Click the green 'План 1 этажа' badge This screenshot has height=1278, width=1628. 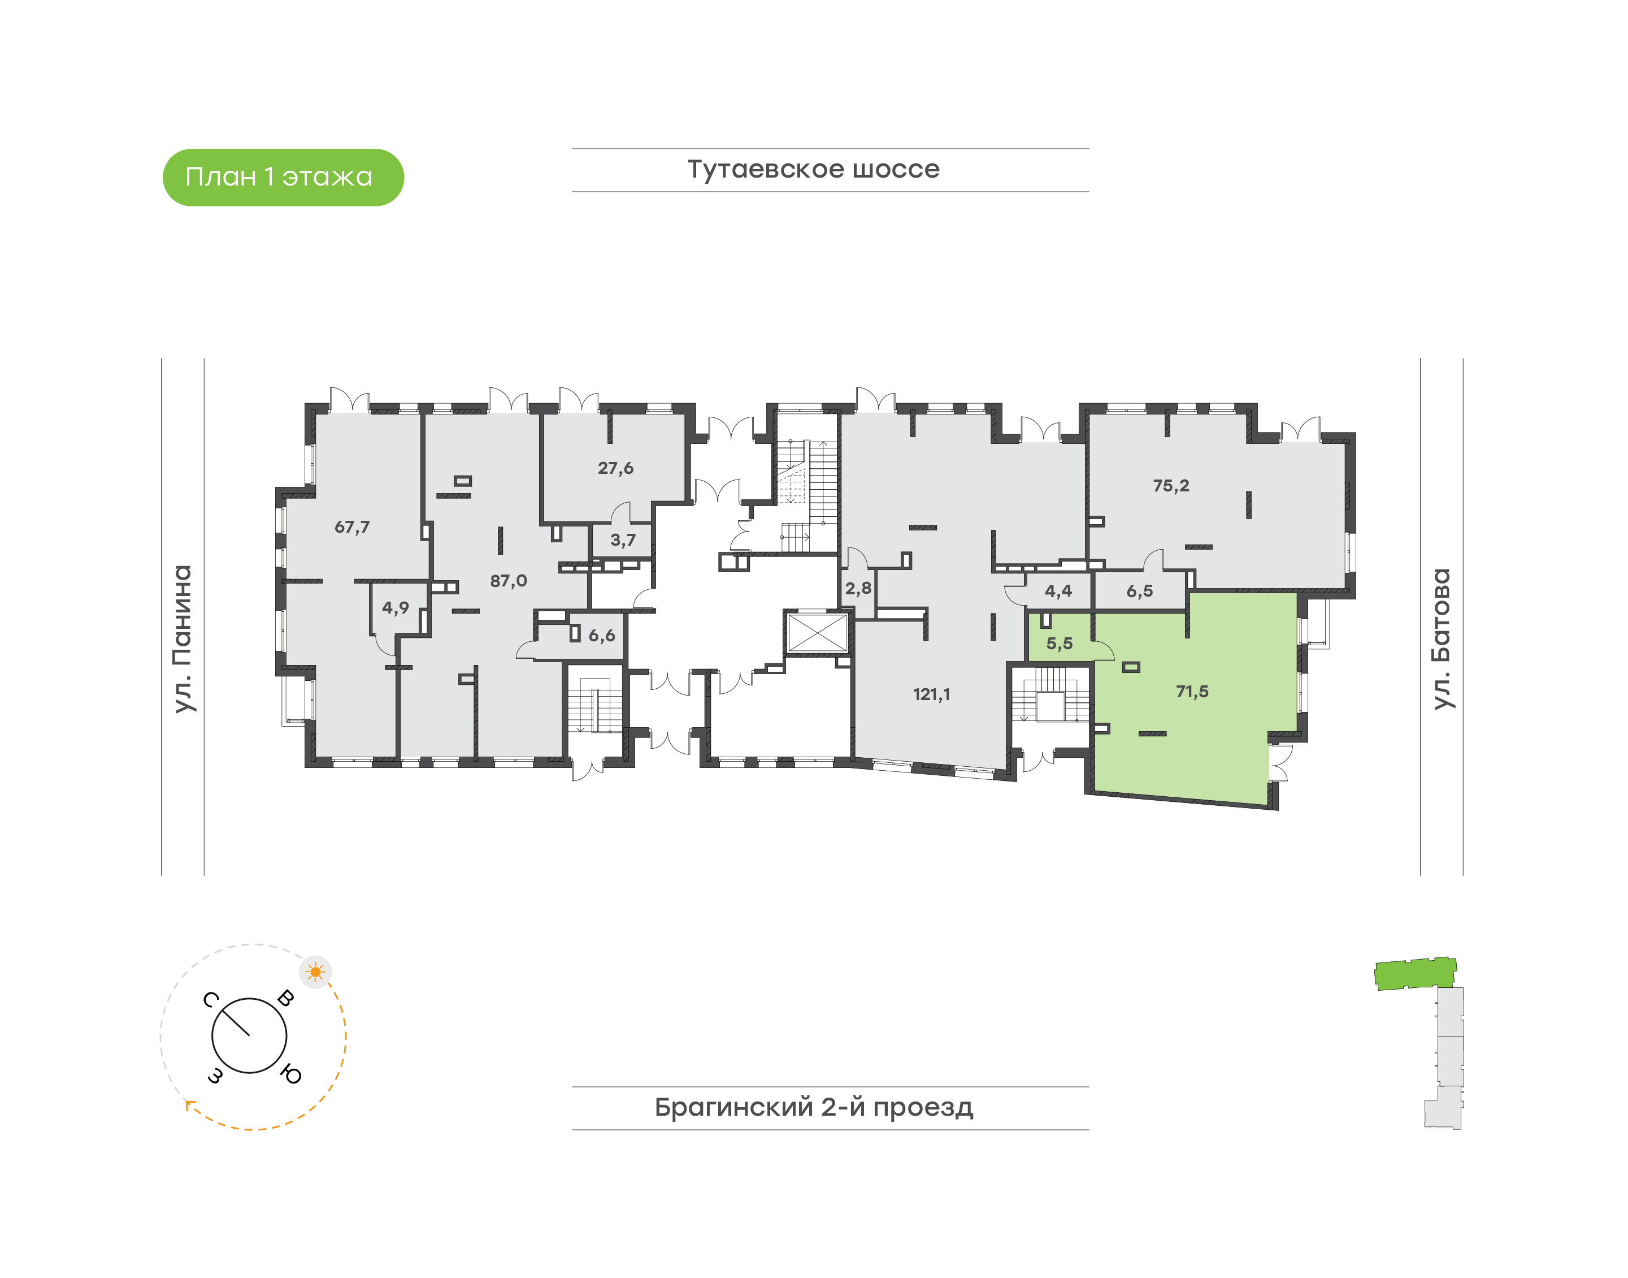(x=284, y=178)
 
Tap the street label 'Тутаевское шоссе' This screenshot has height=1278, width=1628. (x=814, y=169)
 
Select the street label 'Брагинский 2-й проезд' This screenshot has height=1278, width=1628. (x=814, y=1107)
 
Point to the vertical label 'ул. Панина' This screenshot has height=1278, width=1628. (x=183, y=639)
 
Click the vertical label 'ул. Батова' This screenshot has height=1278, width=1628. (x=1441, y=639)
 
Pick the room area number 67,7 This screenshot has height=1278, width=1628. (x=352, y=528)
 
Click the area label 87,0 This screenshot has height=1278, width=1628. (x=509, y=581)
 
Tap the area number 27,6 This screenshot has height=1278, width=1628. (x=615, y=468)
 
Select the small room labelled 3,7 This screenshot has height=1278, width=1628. (x=623, y=540)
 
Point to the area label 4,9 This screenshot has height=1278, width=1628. (x=396, y=607)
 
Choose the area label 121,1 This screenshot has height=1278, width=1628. (x=932, y=694)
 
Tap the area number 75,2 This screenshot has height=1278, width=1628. (x=1171, y=486)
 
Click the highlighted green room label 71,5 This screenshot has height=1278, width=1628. (x=1192, y=692)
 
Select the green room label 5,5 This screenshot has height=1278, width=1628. (x=1060, y=644)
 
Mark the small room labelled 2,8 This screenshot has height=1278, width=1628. (x=858, y=589)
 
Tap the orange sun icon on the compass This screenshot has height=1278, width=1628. (x=315, y=973)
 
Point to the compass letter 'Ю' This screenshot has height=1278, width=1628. (x=291, y=1075)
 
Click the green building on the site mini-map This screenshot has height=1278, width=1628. (x=1416, y=973)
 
